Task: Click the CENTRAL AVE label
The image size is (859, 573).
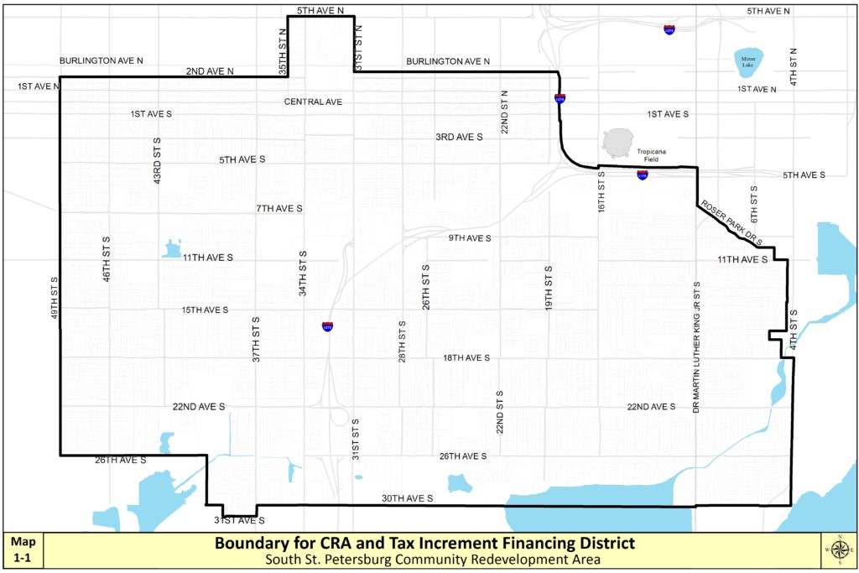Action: [x=313, y=102]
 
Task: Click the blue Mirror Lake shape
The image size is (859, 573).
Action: [x=748, y=60]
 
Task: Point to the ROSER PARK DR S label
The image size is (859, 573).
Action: [x=731, y=222]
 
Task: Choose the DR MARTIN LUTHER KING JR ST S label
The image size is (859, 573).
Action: [x=696, y=345]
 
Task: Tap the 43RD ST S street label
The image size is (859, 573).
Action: [x=157, y=160]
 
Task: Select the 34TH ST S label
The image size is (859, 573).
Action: [x=303, y=273]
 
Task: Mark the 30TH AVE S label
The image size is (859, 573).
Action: [x=407, y=498]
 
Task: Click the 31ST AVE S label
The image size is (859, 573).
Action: [x=239, y=520]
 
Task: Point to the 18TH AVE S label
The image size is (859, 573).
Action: [x=466, y=357]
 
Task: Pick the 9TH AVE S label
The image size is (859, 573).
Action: [x=469, y=237]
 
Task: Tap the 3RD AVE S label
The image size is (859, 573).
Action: [x=459, y=136]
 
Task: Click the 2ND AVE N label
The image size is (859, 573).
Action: [x=210, y=71]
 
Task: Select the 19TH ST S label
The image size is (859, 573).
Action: [x=548, y=290]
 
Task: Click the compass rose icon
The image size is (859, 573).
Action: [x=838, y=550]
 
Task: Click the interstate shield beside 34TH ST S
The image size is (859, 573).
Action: [x=327, y=326]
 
